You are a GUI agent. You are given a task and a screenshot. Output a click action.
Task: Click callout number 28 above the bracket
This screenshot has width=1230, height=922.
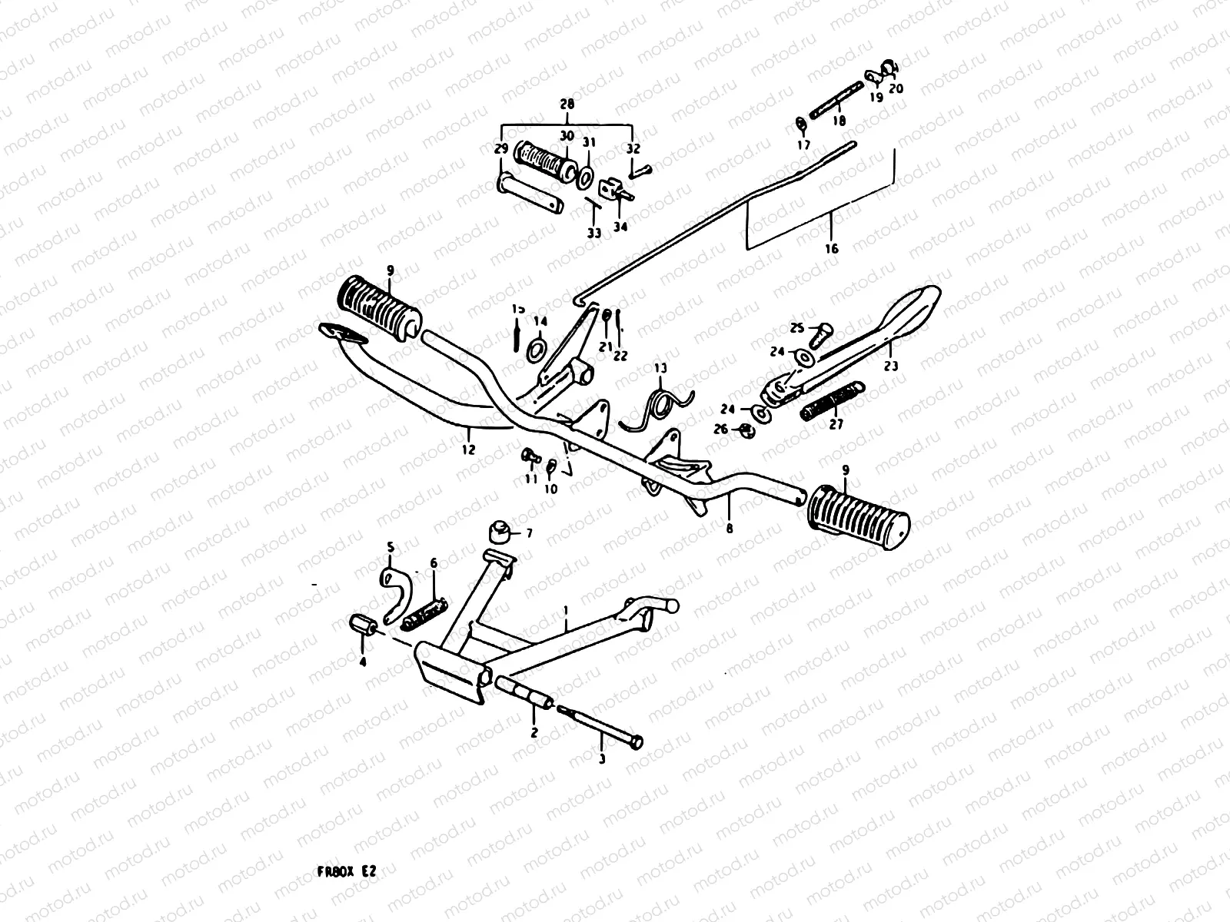(x=567, y=103)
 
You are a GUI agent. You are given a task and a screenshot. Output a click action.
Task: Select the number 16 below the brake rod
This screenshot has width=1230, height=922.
(x=831, y=248)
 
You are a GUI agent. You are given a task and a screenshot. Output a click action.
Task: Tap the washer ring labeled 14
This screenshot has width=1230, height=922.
(x=537, y=350)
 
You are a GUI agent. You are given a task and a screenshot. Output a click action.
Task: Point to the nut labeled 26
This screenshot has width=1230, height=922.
(x=745, y=429)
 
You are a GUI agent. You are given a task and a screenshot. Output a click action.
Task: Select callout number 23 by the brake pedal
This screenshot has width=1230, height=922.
(x=890, y=366)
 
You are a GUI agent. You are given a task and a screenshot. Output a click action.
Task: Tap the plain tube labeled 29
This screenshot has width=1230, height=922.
(x=530, y=194)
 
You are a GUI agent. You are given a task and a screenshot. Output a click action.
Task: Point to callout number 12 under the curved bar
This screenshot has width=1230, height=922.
(x=468, y=450)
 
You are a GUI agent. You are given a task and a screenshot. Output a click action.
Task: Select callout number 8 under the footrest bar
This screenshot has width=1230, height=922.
(x=729, y=529)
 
